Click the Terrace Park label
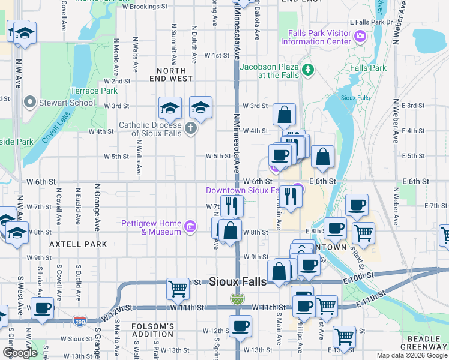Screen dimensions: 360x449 point(94,91)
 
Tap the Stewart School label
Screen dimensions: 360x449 point(66,103)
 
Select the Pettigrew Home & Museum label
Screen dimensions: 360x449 point(151,227)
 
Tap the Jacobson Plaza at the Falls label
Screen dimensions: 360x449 point(270,71)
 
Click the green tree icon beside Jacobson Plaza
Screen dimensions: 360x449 point(309,70)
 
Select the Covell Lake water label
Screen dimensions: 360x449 point(55,128)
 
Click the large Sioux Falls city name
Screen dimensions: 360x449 point(238,281)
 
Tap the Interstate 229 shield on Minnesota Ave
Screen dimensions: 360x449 point(237,298)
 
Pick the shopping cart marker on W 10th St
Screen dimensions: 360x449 point(178,289)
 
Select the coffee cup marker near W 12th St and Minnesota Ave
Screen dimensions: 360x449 point(240,326)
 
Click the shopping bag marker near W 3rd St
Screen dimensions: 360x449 point(284,113)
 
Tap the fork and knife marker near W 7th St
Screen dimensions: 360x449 point(232,206)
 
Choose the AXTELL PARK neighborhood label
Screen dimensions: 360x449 point(78,244)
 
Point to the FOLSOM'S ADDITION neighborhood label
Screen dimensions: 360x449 point(153,330)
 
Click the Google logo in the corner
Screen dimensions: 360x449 point(20,353)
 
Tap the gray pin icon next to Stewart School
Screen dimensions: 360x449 point(29,103)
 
